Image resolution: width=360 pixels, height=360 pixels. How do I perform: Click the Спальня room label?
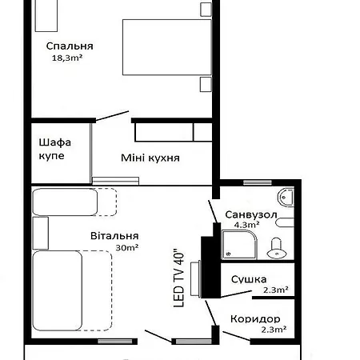[70, 46]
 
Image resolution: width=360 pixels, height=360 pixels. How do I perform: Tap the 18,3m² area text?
[68, 58]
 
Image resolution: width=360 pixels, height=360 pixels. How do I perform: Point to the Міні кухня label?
[150, 158]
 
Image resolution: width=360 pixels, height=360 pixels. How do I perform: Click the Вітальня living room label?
[114, 236]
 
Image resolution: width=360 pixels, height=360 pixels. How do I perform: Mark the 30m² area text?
[126, 248]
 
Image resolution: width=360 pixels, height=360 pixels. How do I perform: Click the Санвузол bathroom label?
[251, 215]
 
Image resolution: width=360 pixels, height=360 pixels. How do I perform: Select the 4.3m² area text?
[243, 226]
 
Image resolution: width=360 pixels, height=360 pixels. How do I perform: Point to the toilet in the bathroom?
[278, 247]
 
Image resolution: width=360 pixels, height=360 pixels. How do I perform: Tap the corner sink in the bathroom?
[287, 196]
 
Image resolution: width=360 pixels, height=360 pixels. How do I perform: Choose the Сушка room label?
[248, 279]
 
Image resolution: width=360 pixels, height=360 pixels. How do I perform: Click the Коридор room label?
[254, 318]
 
